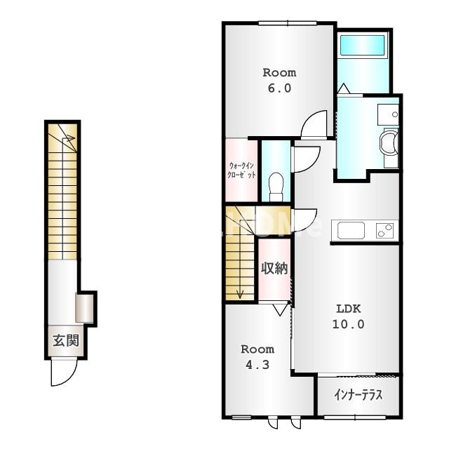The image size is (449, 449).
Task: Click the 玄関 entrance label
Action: (x=65, y=341)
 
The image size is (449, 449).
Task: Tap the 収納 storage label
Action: (x=274, y=268)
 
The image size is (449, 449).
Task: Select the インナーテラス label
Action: (x=358, y=395)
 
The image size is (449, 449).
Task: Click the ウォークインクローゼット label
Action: (x=241, y=170)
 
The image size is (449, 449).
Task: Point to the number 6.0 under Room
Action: (x=279, y=88)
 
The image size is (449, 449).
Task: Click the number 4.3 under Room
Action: (x=257, y=365)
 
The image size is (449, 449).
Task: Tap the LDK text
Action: (x=348, y=309)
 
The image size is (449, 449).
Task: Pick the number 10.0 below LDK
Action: (x=348, y=324)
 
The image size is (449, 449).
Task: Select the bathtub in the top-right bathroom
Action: (x=362, y=45)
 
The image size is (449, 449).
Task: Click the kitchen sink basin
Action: (x=351, y=231)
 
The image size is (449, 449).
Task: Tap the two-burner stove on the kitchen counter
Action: (x=385, y=230)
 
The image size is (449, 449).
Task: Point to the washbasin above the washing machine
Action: (x=388, y=114)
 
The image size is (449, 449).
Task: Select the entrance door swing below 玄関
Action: (x=64, y=373)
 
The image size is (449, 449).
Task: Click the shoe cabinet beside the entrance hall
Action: (x=84, y=307)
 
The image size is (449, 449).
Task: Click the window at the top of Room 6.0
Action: (x=288, y=23)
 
